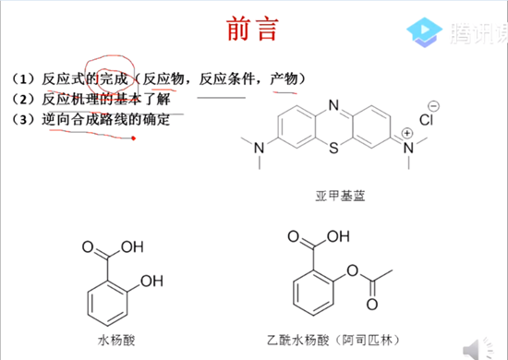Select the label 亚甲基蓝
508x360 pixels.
[334, 197]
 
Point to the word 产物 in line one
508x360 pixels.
[283, 78]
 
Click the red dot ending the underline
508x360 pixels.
[135, 139]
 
